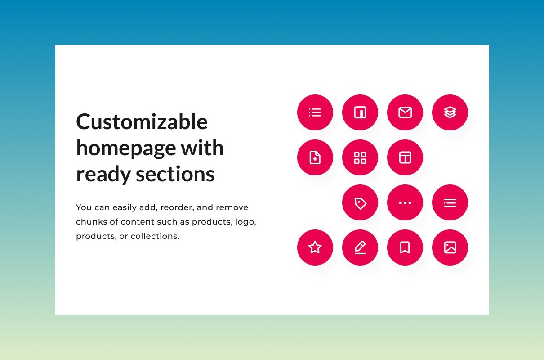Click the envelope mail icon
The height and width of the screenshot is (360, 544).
click(x=405, y=112)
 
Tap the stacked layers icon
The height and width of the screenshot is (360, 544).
click(x=450, y=112)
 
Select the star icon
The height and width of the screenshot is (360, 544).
click(x=315, y=247)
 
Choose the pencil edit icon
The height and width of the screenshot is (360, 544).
click(x=360, y=247)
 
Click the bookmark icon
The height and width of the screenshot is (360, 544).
click(x=405, y=247)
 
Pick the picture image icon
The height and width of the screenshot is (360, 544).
click(x=450, y=247)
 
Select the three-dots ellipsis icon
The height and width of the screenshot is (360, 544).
click(x=405, y=203)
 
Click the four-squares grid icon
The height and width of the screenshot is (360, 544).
click(x=360, y=158)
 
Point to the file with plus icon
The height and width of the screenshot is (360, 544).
click(x=315, y=157)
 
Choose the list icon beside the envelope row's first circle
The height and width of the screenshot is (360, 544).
click(x=315, y=112)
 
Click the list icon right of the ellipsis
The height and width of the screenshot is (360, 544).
click(x=450, y=203)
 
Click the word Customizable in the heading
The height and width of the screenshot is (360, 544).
click(x=142, y=121)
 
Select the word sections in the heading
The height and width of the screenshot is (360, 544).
click(x=175, y=174)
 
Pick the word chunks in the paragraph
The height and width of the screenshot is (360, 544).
click(x=91, y=222)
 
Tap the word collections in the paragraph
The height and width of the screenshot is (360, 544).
click(x=155, y=236)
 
